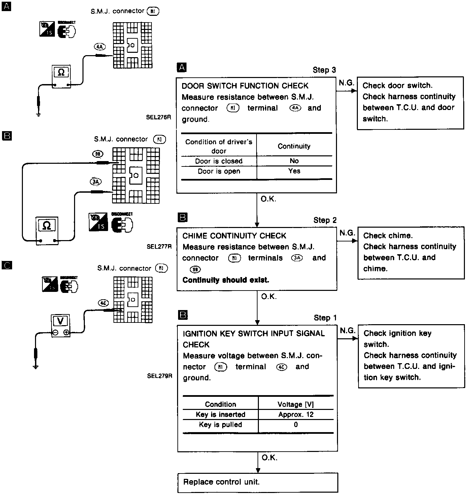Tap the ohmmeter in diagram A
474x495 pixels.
pos(61,76)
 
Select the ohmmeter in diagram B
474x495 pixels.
pos(47,230)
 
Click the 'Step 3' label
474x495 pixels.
pos(324,70)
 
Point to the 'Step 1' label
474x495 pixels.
pos(325,318)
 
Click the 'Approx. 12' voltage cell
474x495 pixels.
pos(296,414)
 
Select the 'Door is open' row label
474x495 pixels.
pos(219,171)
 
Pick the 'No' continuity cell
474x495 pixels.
pos(294,161)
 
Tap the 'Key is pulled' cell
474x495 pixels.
pos(221,424)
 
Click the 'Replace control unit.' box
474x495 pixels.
pos(257,482)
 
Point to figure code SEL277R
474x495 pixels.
pos(159,246)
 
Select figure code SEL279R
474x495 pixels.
pos(160,376)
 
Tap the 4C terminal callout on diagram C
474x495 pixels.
pos(103,303)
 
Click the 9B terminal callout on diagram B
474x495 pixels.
pos(98,154)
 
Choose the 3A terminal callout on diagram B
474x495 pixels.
pos(96,182)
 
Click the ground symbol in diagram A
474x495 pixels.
pos(38,114)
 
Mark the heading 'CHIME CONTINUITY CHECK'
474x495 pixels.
pos(234,236)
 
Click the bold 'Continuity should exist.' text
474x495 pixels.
pos(226,280)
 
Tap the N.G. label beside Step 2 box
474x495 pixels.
pos(347,233)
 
